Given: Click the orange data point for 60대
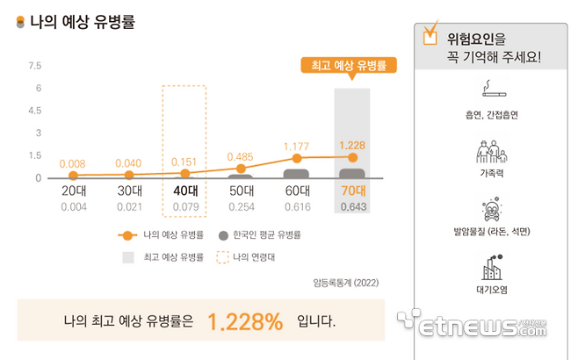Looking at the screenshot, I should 296,158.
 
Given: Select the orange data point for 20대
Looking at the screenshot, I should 74,176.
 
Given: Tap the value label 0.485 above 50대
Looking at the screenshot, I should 240,156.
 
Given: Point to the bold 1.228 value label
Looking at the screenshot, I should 351,146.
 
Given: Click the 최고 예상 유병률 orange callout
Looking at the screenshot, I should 350,65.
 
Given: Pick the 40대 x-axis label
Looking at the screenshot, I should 184,191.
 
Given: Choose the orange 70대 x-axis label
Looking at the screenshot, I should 351,191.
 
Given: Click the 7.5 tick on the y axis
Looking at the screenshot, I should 35,66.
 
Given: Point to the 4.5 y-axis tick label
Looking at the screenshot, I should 35,111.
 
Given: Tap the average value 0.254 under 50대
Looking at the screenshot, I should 240,207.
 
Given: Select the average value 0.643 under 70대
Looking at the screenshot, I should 351,207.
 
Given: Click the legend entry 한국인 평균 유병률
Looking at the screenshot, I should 259,235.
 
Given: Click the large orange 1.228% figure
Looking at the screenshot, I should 245,321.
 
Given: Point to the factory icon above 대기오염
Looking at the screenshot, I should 491,265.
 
